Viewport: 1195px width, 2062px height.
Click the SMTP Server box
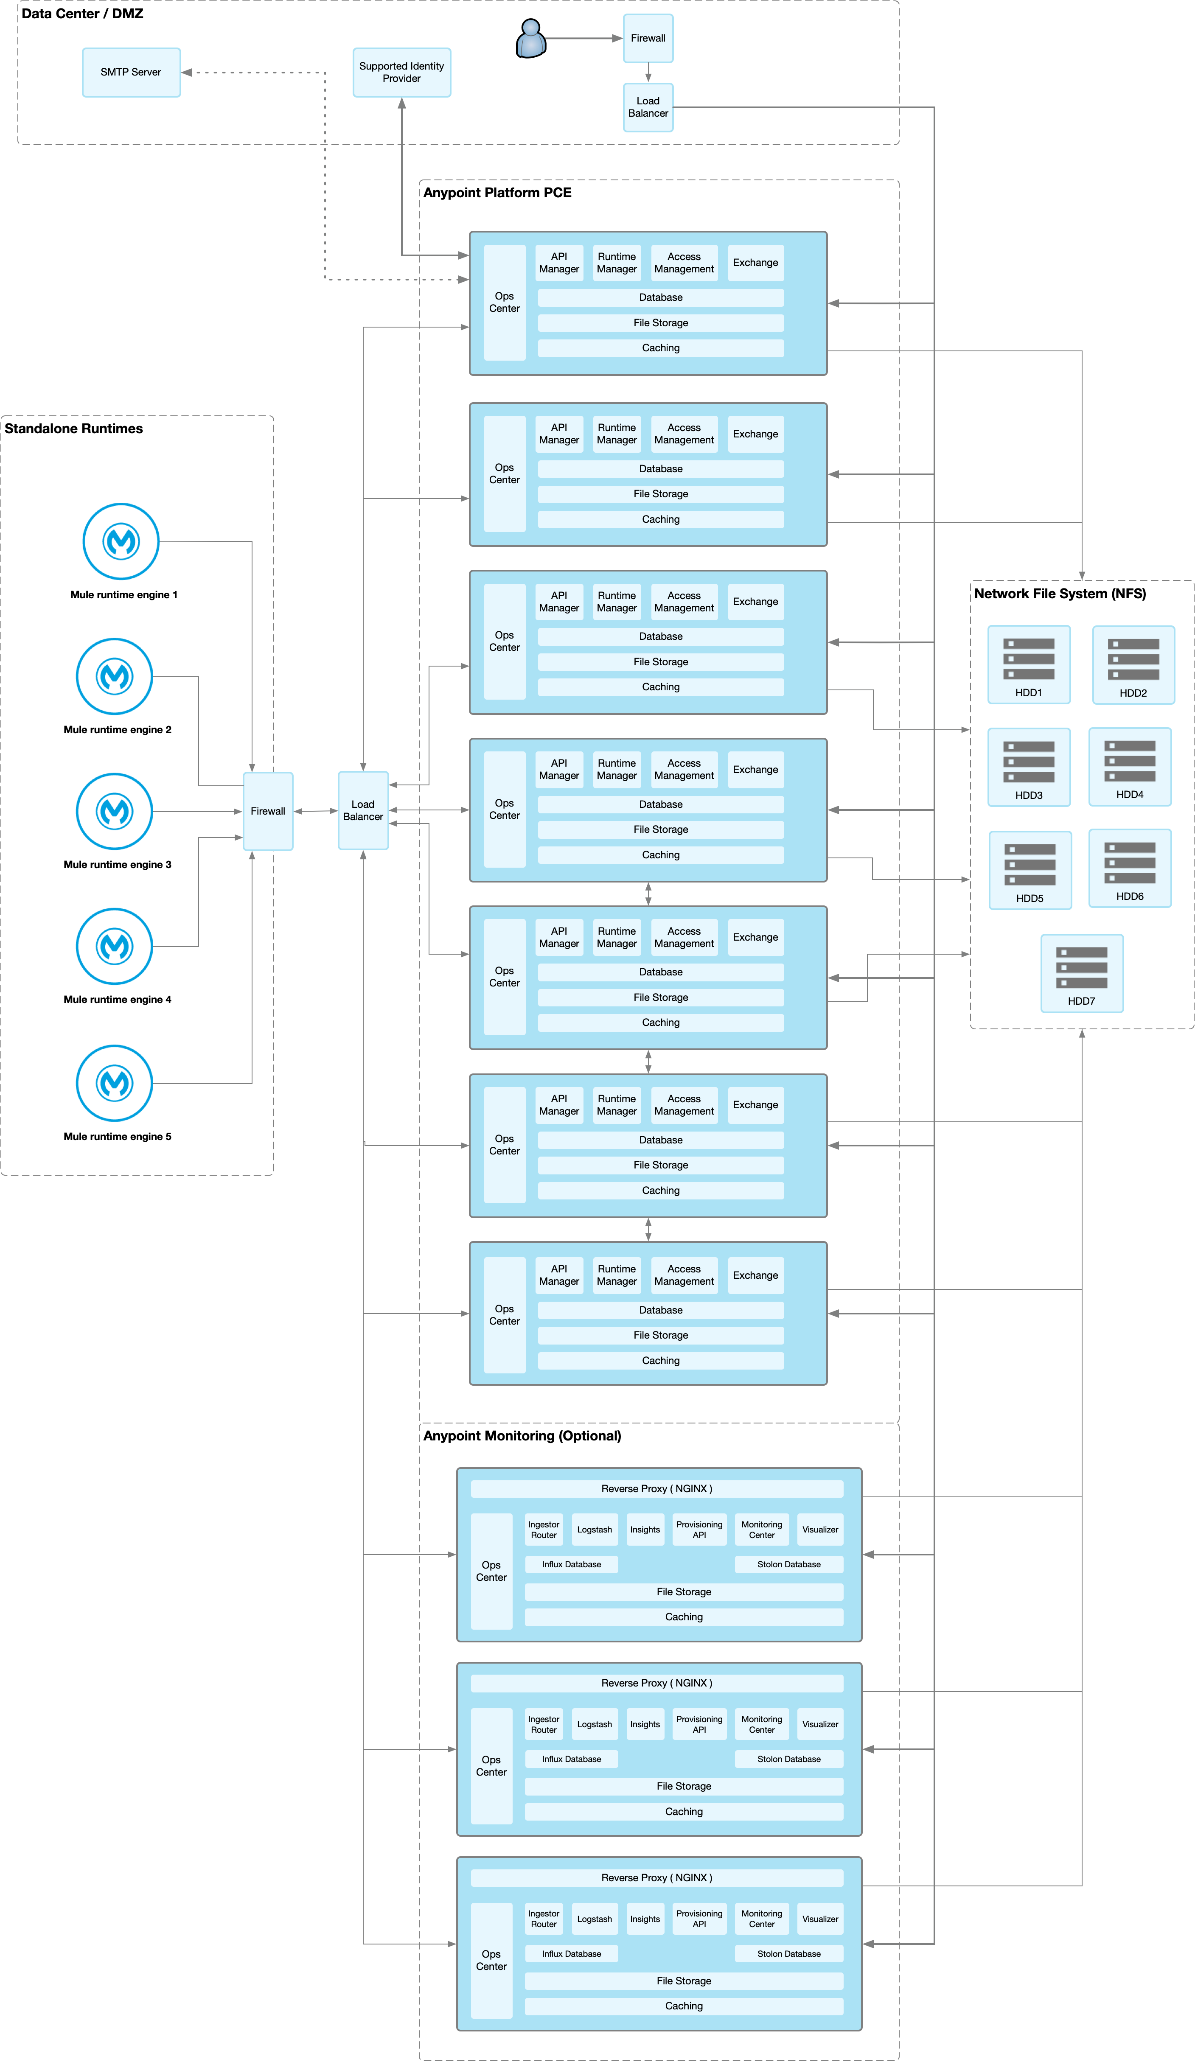point(131,72)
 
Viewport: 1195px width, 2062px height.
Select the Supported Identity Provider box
point(401,72)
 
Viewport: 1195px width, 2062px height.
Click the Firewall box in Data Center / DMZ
point(648,38)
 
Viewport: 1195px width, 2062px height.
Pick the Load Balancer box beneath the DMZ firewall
point(648,107)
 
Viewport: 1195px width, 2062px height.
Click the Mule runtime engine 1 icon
point(121,541)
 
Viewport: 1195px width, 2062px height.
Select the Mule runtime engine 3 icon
point(115,811)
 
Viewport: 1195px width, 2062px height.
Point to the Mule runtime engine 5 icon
point(115,1083)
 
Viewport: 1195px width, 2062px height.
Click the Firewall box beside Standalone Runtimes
point(268,811)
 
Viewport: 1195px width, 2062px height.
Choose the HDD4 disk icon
point(1130,761)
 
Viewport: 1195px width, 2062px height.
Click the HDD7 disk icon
point(1081,967)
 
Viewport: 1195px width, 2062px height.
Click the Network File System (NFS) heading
point(1059,593)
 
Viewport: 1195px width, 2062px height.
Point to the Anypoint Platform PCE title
point(497,192)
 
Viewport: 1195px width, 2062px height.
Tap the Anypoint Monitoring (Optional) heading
point(522,1435)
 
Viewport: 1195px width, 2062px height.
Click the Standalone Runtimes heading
point(74,428)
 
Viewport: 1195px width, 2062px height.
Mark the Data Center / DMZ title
point(82,13)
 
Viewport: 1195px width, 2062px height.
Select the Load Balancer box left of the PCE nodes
point(362,810)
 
